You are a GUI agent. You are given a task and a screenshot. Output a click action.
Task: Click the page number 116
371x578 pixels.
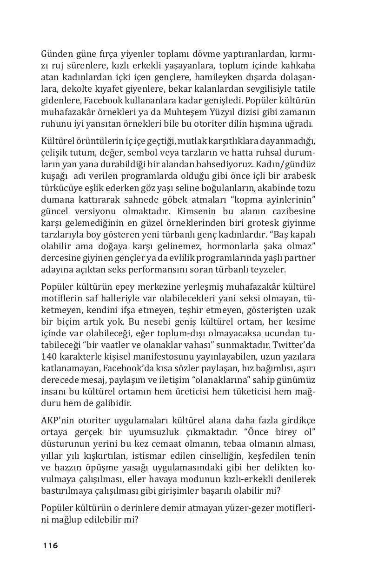[x=51, y=545]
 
